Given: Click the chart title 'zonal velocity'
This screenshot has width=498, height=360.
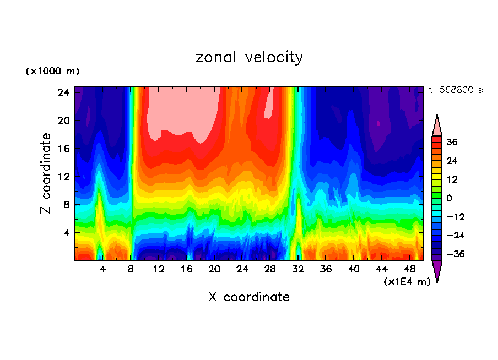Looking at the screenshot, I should [249, 57].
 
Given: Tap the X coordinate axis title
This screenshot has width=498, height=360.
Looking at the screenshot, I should [249, 297].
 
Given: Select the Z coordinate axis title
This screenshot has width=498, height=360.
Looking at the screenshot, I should [46, 173].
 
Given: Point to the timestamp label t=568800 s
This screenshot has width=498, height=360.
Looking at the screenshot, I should [455, 90].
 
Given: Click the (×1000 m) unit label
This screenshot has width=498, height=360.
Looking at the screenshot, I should [52, 72].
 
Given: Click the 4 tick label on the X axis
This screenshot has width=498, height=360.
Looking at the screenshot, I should [103, 269].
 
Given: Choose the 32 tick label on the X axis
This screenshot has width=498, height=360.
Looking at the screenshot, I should [299, 269].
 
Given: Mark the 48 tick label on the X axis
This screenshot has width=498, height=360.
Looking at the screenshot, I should [410, 269].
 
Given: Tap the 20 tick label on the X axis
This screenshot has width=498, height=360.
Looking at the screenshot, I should [215, 269].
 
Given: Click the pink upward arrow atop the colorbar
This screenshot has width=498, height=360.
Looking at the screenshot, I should [437, 126].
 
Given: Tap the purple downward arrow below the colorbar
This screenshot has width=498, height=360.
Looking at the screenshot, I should [437, 271].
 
